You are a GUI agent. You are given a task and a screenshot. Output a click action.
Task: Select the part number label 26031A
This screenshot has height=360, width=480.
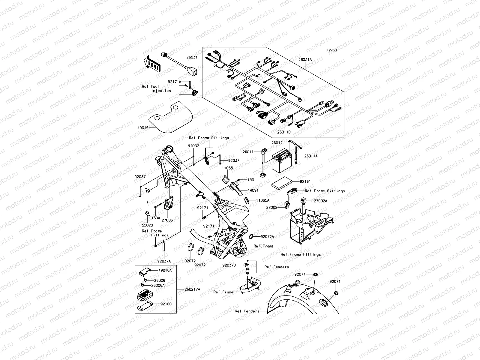305,60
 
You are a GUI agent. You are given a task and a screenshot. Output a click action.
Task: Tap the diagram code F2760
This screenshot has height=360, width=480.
332,50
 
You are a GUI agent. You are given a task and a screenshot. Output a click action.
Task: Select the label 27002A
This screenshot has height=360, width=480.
321,201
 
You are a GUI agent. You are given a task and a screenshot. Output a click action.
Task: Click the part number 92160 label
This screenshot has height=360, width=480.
166,304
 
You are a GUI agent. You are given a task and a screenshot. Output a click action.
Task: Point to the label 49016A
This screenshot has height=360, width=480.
165,270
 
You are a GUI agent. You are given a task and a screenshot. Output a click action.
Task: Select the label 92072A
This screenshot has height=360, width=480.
267,237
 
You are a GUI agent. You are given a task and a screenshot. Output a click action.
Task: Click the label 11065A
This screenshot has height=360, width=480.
263,200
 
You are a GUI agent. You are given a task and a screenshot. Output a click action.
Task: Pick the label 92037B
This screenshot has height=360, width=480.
229,265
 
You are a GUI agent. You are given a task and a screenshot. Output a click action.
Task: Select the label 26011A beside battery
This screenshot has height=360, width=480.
311,156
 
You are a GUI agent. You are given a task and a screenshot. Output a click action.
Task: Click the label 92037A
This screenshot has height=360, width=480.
164,261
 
